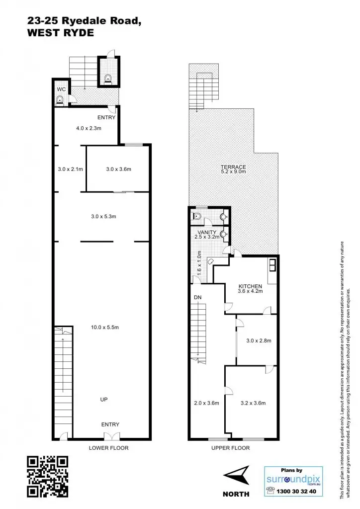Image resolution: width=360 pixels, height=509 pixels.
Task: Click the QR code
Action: [47, 476]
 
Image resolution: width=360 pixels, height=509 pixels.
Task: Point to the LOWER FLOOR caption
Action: [108, 448]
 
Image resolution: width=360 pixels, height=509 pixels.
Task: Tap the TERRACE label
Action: [234, 167]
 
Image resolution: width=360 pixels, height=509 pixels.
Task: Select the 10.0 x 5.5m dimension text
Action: [104, 327]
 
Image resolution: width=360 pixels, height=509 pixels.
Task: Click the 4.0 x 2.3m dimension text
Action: [89, 129]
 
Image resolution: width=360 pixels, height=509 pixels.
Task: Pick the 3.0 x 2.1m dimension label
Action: [70, 169]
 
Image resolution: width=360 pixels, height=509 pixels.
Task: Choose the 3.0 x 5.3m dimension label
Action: [103, 216]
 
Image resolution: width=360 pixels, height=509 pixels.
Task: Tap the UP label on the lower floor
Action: [104, 399]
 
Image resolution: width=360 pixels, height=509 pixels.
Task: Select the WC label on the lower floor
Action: [61, 89]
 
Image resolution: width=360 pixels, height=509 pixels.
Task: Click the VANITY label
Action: [206, 232]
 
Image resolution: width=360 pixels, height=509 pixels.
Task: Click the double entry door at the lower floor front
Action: [110, 436]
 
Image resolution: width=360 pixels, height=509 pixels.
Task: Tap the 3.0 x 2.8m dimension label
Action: [259, 341]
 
